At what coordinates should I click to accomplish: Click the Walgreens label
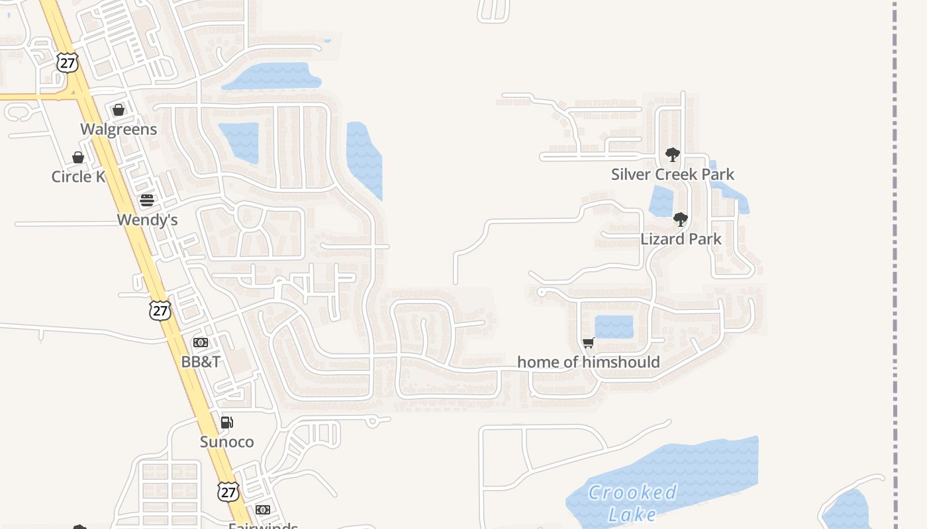coord(119,129)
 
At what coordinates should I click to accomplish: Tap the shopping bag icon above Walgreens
coord(119,110)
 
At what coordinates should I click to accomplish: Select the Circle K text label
coord(78,177)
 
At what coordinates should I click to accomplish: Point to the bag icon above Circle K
coord(78,157)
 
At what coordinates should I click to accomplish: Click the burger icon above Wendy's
coord(147,200)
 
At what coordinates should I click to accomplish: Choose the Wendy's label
coord(147,220)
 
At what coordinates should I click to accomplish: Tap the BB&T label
coord(201,362)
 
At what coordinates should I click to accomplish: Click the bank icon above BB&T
coord(201,343)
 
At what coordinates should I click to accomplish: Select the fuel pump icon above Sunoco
coord(226,423)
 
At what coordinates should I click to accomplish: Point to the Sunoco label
coord(226,442)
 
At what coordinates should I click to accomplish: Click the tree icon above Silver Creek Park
coord(673,155)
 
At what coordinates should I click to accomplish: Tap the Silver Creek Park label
coord(673,175)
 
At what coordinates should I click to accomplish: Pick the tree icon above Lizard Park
coord(680,220)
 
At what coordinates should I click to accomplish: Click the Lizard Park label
coord(681,239)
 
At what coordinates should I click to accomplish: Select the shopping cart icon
coord(588,343)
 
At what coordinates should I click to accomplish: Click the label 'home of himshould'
coord(588,362)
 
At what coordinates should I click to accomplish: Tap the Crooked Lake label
coord(632,503)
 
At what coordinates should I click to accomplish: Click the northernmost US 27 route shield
coord(68,62)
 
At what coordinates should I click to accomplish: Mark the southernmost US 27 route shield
coord(228,491)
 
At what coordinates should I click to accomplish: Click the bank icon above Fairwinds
coord(263,510)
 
